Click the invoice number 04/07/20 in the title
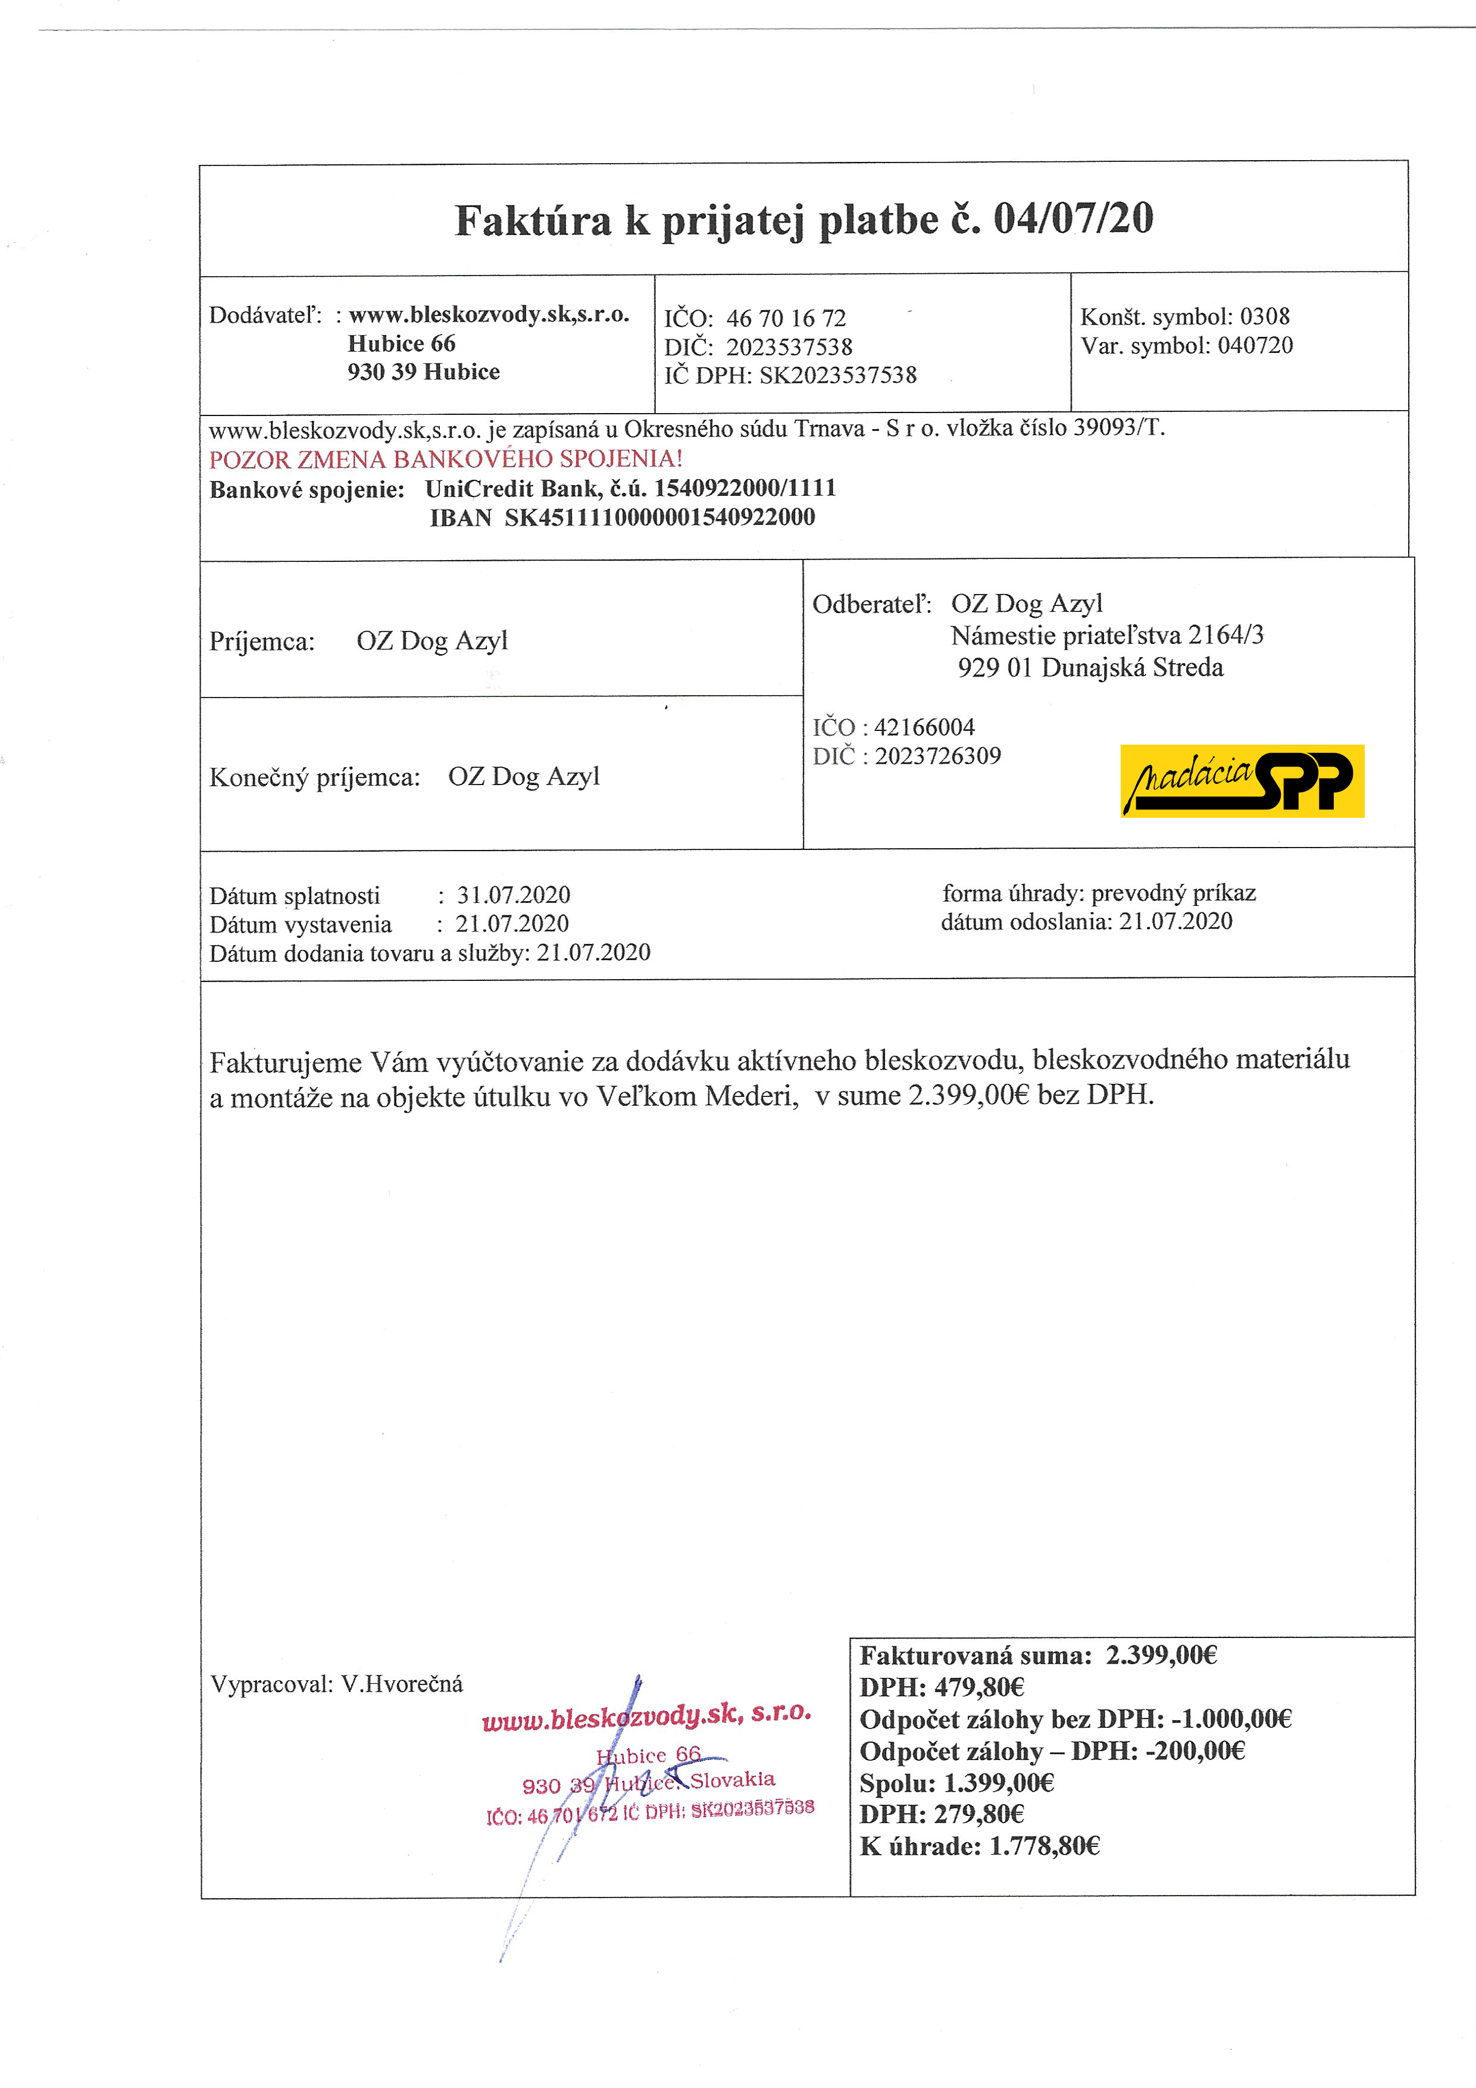click(x=1073, y=218)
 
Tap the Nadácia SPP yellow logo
click(x=1242, y=781)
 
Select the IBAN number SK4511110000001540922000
click(x=659, y=517)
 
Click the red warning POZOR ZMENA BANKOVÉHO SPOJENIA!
click(x=446, y=460)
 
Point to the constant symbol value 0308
click(x=1265, y=317)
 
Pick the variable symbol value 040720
click(x=1255, y=346)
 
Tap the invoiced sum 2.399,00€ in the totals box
click(x=1161, y=1655)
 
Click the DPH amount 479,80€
click(x=980, y=1688)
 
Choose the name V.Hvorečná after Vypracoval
click(x=402, y=1684)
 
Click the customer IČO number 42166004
click(x=924, y=727)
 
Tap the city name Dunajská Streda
click(x=1132, y=668)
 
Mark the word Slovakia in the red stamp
click(x=732, y=1780)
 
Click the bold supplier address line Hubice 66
click(x=401, y=344)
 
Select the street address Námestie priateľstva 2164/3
click(x=1107, y=636)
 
